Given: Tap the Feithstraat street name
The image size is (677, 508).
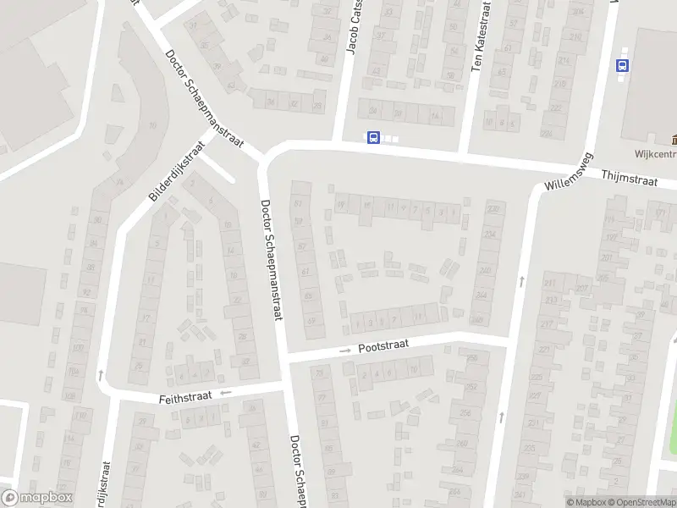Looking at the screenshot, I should (183, 396).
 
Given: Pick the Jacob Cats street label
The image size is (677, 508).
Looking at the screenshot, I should (354, 30).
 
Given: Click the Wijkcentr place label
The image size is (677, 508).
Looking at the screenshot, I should (656, 155).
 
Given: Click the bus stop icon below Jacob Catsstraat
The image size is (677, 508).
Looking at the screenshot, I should (372, 137).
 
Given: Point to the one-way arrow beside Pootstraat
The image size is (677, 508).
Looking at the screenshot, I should (345, 351).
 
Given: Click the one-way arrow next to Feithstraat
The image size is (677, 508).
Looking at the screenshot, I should (225, 393).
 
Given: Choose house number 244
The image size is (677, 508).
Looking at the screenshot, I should (482, 295).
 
